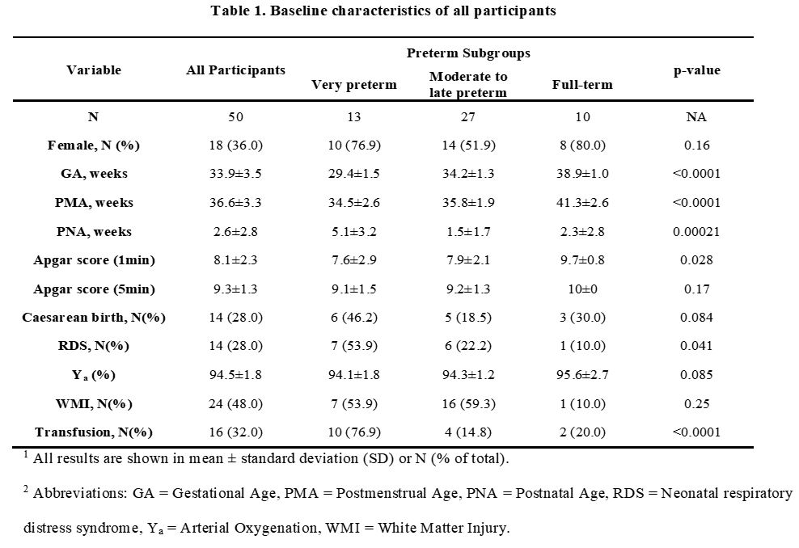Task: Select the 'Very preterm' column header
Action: pos(354,85)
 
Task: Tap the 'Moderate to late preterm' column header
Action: pos(468,85)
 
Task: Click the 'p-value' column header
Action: pos(696,70)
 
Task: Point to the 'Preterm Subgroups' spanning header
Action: pos(468,53)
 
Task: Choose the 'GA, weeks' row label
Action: pos(95,174)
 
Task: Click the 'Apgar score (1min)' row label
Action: pos(95,260)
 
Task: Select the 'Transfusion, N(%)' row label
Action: pos(95,432)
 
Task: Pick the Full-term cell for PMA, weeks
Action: pos(582,203)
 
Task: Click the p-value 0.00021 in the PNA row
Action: pos(696,232)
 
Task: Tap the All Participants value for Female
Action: pos(235,145)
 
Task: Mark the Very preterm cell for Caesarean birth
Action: pos(354,318)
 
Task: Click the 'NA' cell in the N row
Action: pos(696,117)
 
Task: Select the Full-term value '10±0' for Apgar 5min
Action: pos(582,289)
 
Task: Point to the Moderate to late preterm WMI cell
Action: pos(468,404)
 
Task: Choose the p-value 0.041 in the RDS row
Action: pos(696,346)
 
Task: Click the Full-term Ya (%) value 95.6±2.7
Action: pos(582,375)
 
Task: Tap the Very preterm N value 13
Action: pos(354,117)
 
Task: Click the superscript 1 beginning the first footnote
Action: pos(26,454)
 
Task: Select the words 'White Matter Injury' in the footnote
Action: pos(442,528)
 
